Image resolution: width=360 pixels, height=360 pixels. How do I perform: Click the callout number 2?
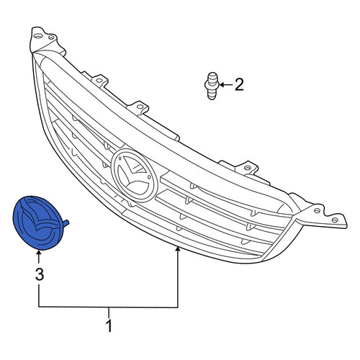click(x=239, y=85)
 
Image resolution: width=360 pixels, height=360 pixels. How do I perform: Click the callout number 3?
click(x=40, y=274)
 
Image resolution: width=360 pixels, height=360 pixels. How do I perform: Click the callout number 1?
click(x=109, y=326)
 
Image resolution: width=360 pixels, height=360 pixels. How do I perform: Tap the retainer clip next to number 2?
click(x=212, y=86)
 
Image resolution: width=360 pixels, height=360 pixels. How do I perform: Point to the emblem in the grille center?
click(x=135, y=175)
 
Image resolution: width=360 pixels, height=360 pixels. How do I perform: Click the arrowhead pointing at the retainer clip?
click(x=222, y=85)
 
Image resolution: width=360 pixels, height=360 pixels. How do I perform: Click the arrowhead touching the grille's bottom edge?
click(x=178, y=250)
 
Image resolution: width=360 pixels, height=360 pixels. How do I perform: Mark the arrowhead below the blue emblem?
click(x=38, y=253)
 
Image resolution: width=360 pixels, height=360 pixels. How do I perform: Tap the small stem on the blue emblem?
click(x=66, y=223)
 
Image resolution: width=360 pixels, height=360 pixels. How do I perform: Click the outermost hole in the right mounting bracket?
click(x=335, y=220)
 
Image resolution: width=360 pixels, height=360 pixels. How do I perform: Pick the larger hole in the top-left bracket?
click(x=37, y=36)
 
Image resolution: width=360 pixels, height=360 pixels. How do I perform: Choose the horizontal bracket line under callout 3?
click(x=108, y=307)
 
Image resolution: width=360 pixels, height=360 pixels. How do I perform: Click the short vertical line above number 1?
click(x=109, y=312)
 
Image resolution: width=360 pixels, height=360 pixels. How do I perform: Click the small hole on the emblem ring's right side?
click(x=150, y=177)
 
